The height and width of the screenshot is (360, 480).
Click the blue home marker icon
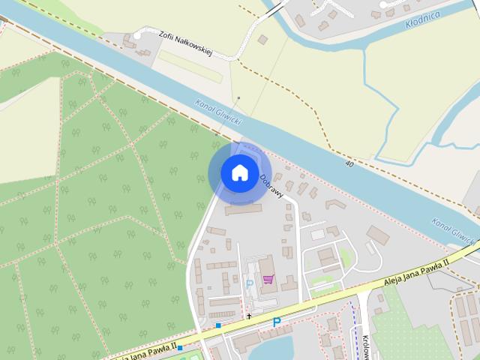[x=239, y=172]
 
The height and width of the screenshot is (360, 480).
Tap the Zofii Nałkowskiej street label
[x=186, y=43]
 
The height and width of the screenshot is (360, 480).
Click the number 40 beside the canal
[x=349, y=163]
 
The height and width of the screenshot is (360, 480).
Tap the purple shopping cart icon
[x=268, y=280]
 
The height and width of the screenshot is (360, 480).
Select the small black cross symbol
[x=250, y=316]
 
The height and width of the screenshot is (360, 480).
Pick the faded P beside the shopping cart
[x=249, y=284]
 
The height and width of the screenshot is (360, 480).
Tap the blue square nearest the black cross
[x=218, y=325]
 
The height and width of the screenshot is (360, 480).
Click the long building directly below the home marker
[x=243, y=208]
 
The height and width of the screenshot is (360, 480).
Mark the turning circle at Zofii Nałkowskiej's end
[x=138, y=34]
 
